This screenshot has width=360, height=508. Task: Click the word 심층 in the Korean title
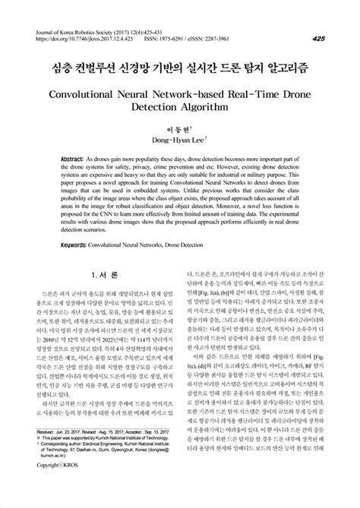[x=59, y=69]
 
